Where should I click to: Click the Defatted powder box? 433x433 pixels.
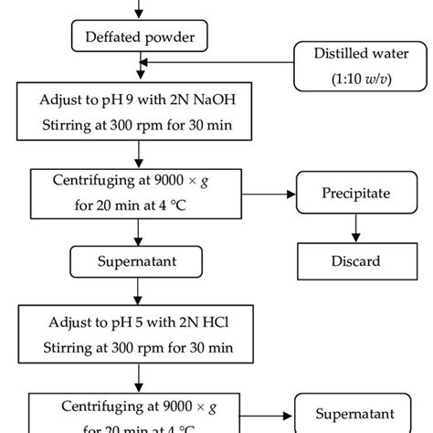[139, 37]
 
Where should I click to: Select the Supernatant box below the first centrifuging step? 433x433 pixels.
[139, 261]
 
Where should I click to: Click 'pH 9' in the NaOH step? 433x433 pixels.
[121, 99]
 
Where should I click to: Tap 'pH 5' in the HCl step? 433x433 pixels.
[121, 322]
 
